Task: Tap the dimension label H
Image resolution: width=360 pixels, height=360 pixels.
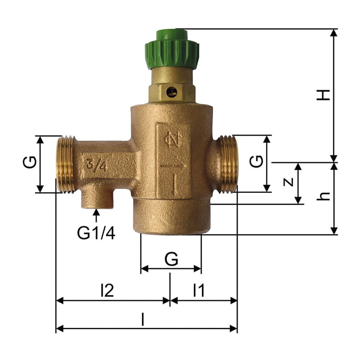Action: [323, 95]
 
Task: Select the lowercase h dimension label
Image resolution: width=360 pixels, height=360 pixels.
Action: [323, 196]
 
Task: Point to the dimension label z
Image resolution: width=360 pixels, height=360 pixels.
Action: [288, 181]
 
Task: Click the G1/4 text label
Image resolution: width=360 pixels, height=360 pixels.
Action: [96, 233]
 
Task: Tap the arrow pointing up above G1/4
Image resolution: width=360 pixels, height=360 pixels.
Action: [96, 215]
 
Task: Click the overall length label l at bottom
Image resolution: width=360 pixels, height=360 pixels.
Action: [143, 319]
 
